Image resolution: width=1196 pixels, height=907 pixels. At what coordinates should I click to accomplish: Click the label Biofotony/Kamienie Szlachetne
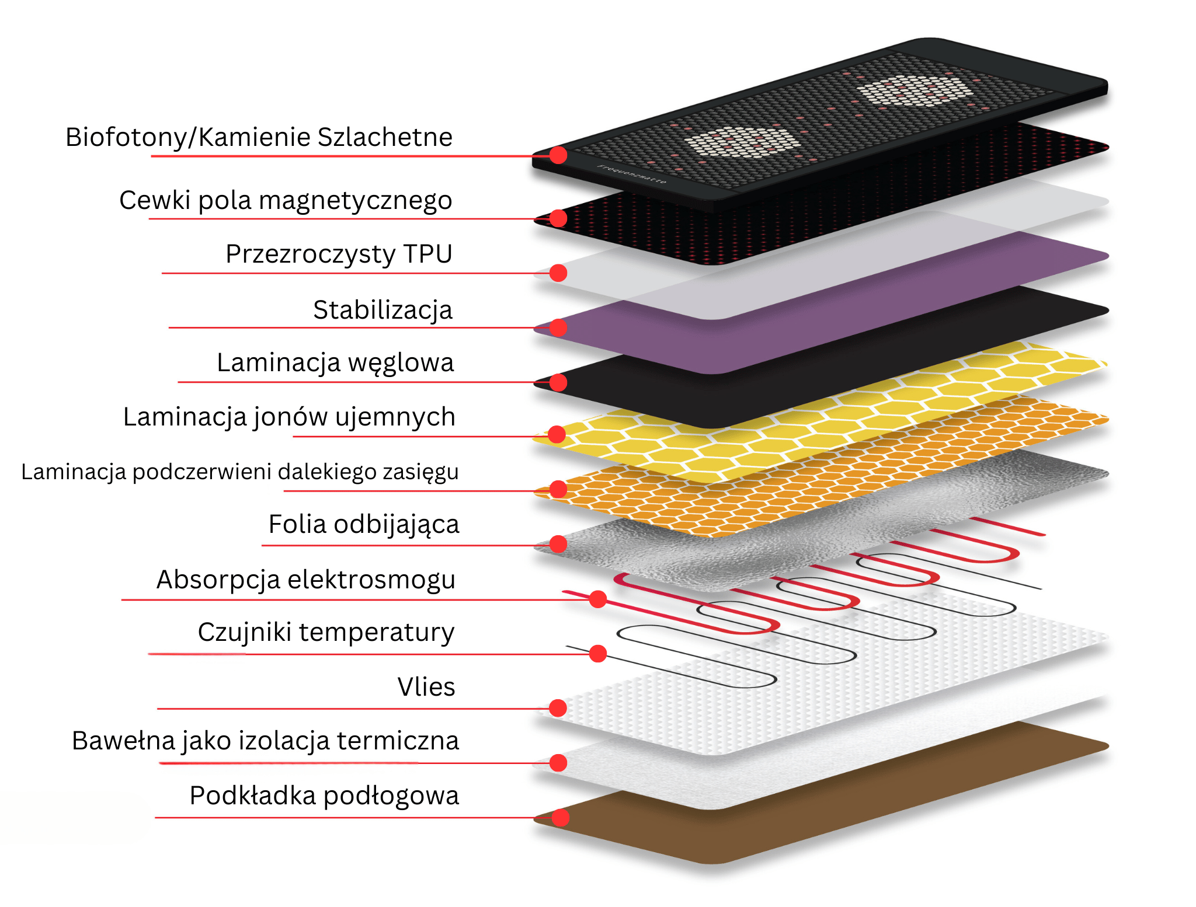point(259,138)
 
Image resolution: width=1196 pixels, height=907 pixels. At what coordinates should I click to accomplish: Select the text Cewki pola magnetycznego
point(286,201)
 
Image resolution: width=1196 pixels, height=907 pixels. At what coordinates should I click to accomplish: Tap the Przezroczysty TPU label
point(339,254)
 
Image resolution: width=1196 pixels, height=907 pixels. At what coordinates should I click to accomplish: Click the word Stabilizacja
point(383,310)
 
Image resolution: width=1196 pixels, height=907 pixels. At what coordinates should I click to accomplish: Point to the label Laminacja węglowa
point(335,363)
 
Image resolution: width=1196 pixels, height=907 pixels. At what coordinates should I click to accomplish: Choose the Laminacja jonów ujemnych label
point(289,417)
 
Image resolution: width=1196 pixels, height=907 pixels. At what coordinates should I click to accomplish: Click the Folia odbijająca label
point(363,525)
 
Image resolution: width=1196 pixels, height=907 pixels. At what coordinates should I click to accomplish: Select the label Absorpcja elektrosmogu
point(305,580)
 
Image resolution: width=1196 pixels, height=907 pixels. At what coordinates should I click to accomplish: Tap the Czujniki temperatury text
point(326,633)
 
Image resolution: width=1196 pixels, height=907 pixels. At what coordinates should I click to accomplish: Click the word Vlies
point(426,687)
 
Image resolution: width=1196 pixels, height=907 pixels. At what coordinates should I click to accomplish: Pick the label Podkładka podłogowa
point(324,796)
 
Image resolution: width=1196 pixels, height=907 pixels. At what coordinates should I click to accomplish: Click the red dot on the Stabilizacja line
point(558,327)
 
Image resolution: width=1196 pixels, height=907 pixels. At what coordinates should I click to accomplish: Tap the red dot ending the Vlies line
point(558,708)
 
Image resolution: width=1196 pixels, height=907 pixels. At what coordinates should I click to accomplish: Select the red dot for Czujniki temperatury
point(597,653)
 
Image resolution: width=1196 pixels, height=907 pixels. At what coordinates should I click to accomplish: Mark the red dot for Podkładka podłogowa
point(560,818)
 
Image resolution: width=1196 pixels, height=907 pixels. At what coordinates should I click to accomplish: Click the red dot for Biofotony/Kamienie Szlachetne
point(558,155)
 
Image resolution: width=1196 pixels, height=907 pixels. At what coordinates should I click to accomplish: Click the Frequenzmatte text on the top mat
point(631,175)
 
